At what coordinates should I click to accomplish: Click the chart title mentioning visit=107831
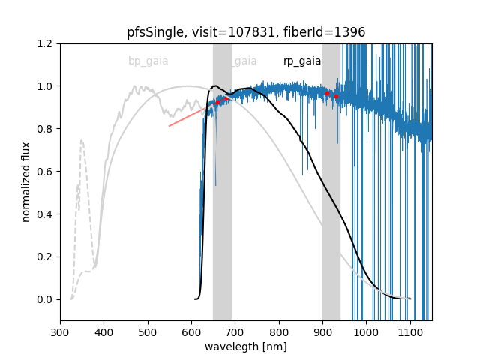tap(246, 32)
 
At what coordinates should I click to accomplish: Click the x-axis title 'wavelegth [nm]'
tap(246, 347)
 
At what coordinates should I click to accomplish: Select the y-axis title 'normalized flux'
tap(26, 181)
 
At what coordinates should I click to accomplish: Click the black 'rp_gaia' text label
tap(302, 61)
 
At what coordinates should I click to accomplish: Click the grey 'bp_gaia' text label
tap(148, 61)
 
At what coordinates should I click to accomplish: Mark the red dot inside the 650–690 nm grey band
tap(218, 102)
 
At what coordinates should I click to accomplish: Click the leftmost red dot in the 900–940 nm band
tap(327, 93)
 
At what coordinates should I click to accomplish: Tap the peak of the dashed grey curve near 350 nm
tap(81, 140)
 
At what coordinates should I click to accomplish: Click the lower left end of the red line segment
tap(169, 126)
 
